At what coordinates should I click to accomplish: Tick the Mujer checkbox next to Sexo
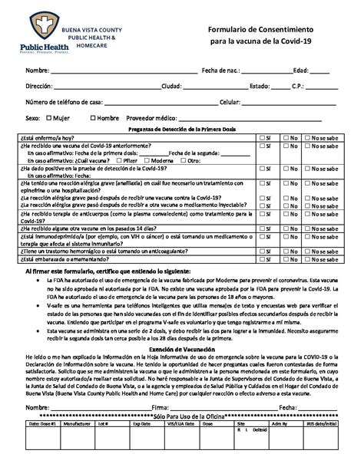pos(49,118)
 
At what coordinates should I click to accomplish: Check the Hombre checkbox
pos(93,118)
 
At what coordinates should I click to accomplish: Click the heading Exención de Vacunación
pos(181,327)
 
